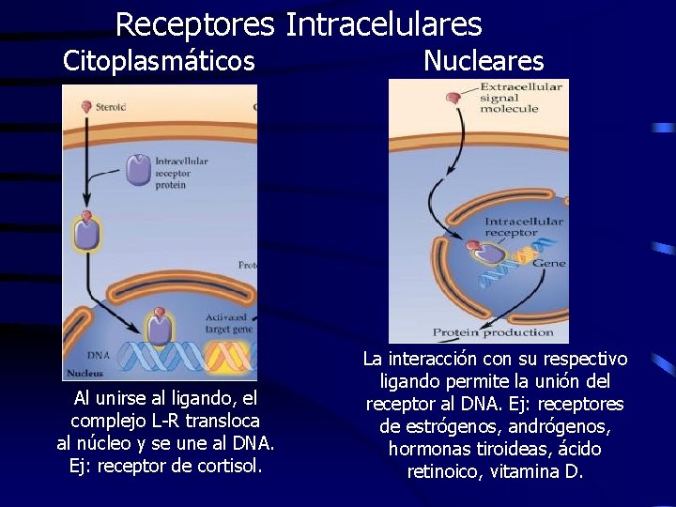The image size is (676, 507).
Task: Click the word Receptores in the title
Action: coord(194,24)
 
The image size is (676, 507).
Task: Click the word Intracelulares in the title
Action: coord(383,24)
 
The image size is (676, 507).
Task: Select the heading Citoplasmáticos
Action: coord(159,62)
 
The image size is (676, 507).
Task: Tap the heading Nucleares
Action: coord(483,62)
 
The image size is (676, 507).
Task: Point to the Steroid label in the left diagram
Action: coord(112,107)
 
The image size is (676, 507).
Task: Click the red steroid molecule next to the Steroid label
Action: coord(87,107)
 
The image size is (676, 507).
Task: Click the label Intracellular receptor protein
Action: coord(181,173)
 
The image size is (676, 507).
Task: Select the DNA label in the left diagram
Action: coord(99,355)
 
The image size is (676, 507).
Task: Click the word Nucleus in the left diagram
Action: coord(85,373)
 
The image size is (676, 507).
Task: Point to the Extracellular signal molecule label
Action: coord(520,97)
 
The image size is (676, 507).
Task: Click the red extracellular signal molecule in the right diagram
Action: coord(453,98)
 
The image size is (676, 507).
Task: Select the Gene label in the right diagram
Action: coord(548,264)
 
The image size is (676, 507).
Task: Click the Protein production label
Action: coord(493,332)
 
